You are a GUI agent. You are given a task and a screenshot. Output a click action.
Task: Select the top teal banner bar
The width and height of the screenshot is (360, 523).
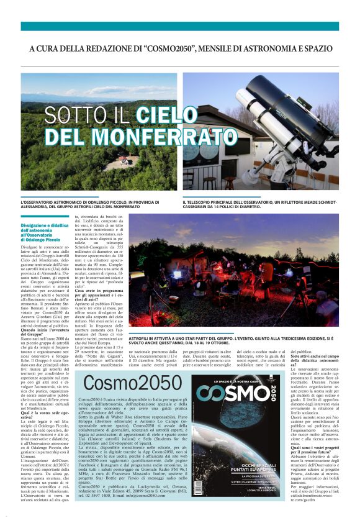(x=180, y=26)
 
